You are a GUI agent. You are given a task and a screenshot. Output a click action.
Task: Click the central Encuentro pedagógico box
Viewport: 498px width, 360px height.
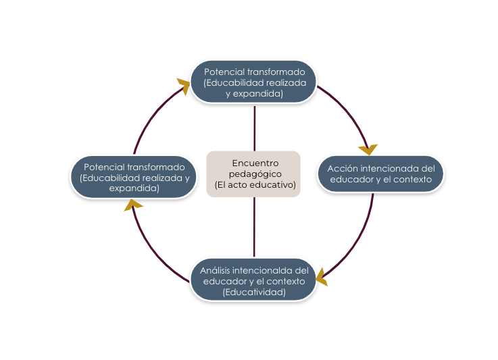tap(253, 174)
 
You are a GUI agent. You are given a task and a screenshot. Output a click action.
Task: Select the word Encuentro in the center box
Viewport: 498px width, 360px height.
tap(255, 163)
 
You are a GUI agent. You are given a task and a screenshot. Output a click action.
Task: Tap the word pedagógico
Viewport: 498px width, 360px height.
tap(255, 174)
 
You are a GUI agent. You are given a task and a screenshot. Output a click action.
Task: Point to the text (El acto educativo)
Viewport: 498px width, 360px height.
tap(255, 184)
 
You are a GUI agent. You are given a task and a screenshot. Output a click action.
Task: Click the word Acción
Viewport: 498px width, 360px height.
tap(341, 168)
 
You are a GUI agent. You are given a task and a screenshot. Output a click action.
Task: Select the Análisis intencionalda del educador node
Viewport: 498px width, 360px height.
tap(254, 280)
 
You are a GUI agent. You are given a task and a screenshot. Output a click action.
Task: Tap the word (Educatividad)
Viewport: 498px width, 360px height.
tap(254, 292)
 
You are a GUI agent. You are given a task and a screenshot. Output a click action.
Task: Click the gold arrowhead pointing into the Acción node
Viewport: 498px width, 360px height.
tap(368, 149)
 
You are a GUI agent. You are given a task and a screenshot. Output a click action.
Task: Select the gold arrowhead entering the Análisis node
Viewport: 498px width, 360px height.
tap(321, 276)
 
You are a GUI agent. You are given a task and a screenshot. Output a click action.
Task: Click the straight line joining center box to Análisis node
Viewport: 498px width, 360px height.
tap(254, 227)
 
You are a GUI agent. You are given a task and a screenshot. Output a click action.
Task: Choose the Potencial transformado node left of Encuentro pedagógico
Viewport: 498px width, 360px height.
tap(134, 177)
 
